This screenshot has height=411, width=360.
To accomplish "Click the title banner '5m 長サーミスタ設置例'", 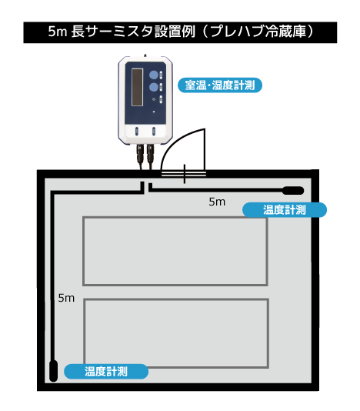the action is click(x=180, y=32).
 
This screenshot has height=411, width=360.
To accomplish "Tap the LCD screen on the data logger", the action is click(x=137, y=87).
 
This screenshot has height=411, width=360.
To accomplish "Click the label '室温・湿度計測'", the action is click(x=220, y=85).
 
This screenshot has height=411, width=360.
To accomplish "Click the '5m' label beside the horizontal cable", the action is click(x=217, y=202).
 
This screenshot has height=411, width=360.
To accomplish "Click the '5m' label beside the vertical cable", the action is click(x=66, y=298).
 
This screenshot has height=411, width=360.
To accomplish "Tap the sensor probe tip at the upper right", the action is click(x=293, y=191).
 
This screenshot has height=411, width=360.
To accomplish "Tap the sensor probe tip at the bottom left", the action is click(x=53, y=371).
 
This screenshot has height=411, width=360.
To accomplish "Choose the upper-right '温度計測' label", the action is click(x=285, y=210).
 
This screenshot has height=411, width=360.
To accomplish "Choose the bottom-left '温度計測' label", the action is click(x=106, y=372).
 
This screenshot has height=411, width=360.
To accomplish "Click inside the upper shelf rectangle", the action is click(x=175, y=251).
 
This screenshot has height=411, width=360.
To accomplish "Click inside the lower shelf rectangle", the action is click(x=176, y=333).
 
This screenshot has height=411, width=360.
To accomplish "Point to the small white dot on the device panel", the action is click(x=154, y=112).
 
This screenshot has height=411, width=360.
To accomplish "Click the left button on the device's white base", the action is click(x=137, y=131).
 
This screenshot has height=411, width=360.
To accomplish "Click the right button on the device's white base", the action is click(x=154, y=131).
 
